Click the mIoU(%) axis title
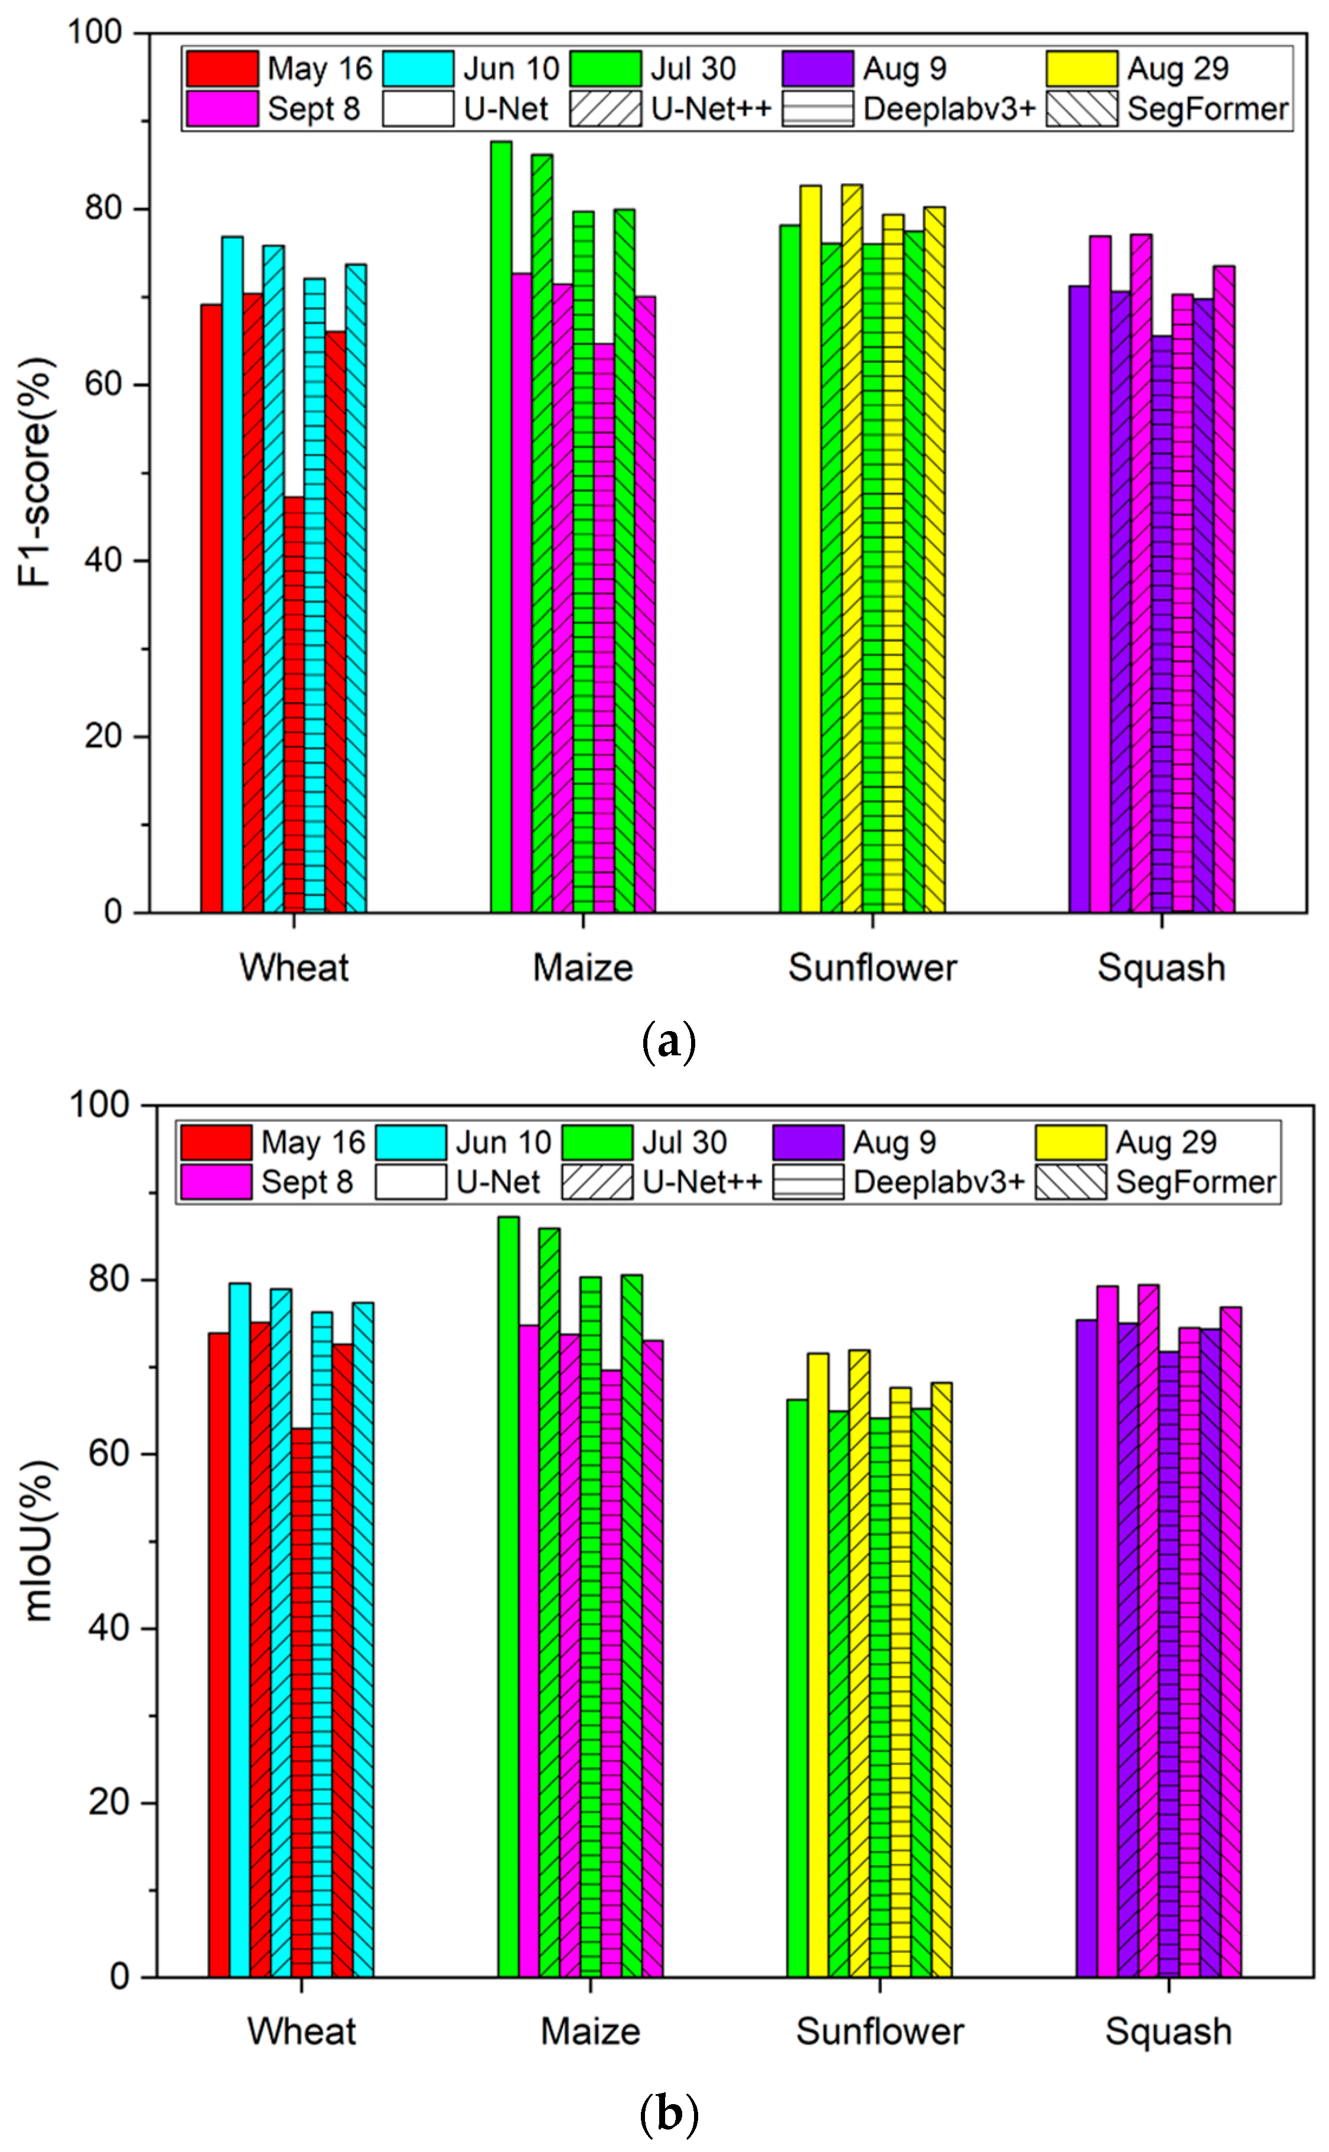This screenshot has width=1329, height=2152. pos(40,1540)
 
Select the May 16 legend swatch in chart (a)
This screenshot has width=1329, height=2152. pos(221,69)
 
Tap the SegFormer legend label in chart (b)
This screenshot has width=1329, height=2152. pos(1196,1182)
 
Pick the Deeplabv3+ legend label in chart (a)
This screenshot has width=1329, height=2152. pos(949,109)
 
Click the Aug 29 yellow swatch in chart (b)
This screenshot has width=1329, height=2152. pos(1070,1142)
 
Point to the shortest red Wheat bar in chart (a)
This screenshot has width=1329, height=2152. pos(294,703)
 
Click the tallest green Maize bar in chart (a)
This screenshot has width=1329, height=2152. pos(501,528)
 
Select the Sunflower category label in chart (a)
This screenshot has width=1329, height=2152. pos(872,968)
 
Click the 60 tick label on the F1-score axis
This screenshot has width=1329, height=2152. pos(104,385)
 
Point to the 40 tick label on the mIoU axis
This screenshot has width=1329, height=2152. pos(108,1628)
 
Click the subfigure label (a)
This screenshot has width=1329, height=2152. pos(669,1042)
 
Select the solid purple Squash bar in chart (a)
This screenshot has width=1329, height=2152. pos(1079,598)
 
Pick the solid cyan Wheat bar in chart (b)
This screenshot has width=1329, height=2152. pos(239,1626)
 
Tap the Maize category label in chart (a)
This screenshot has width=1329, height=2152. pos(583,968)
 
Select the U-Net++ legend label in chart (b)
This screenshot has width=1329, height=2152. pos(702,1182)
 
